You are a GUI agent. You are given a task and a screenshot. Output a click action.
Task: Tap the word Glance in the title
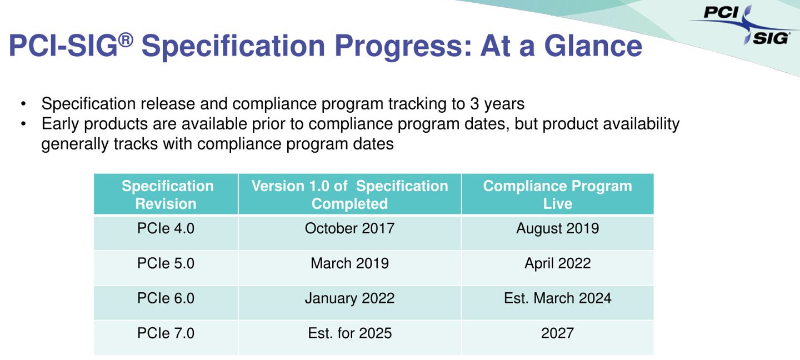point(593,46)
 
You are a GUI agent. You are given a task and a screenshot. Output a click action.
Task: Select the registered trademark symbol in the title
point(126,39)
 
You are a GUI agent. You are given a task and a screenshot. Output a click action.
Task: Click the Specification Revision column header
point(167,194)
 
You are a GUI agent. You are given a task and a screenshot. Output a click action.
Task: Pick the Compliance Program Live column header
point(558,194)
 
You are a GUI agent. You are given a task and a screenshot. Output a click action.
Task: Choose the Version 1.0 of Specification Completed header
point(349,194)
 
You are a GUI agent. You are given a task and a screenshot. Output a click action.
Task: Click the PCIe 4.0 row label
point(166,228)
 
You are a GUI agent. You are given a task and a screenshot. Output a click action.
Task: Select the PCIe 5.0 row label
point(166,263)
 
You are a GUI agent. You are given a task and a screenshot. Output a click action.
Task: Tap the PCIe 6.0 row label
point(166,298)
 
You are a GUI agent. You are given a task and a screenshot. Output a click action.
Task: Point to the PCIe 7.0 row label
point(166,333)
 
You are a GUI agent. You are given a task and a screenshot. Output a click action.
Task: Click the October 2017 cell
point(349,228)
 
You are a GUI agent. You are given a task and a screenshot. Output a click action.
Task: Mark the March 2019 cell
point(349,263)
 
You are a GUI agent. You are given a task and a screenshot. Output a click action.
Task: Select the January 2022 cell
point(349,298)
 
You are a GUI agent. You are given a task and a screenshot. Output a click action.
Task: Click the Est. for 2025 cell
point(349,333)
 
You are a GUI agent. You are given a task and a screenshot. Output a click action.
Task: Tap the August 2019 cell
point(558,229)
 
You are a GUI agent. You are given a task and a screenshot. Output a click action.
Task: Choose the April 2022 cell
point(558,264)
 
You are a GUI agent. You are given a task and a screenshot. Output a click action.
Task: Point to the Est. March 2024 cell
point(558,298)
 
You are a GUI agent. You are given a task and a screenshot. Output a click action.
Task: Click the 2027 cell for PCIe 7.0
point(558,333)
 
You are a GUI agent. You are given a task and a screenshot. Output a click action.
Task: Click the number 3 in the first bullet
point(474,103)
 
